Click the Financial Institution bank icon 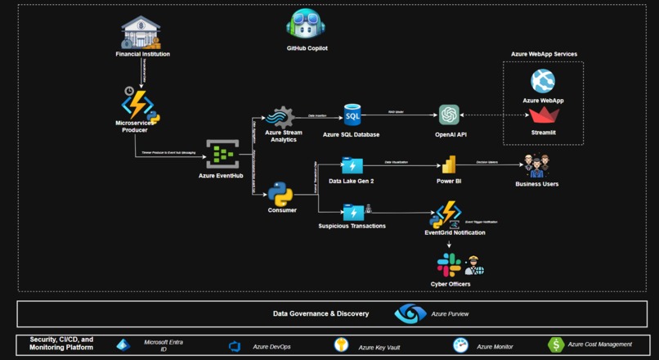[x=141, y=33]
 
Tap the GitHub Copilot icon [x=307, y=25]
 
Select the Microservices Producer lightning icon [x=137, y=105]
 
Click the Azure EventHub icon [x=222, y=153]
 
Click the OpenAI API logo [x=449, y=115]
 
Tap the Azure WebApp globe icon [x=543, y=80]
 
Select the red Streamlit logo [x=543, y=115]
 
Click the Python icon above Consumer [x=281, y=194]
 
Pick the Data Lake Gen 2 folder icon [x=352, y=166]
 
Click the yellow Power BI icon [x=446, y=165]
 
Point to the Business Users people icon [x=536, y=165]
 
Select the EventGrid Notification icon [x=448, y=215]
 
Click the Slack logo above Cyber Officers [x=448, y=265]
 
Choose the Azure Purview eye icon [x=410, y=313]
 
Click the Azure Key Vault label [x=377, y=347]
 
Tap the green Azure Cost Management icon [x=556, y=345]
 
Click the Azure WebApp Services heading [x=544, y=54]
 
